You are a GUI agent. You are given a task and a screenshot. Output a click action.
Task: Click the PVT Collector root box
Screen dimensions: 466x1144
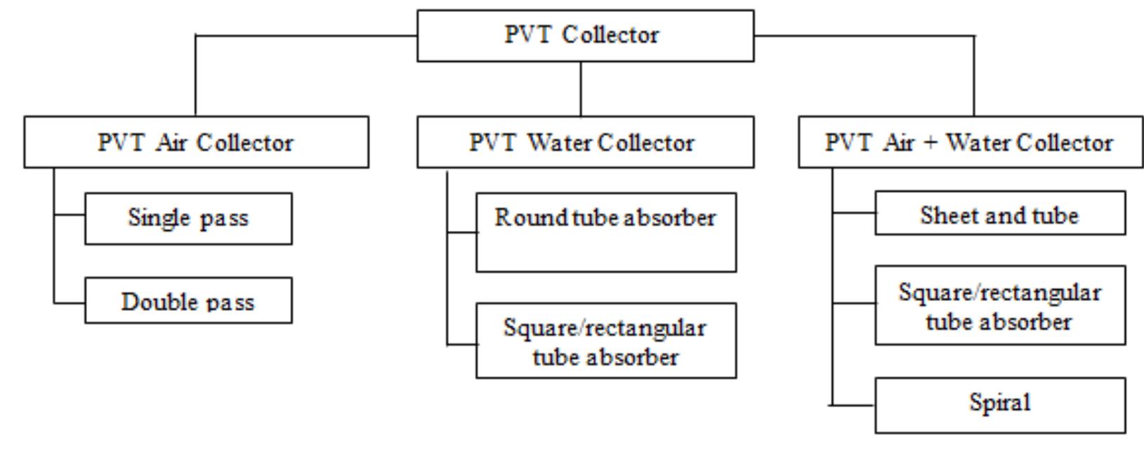pos(585,36)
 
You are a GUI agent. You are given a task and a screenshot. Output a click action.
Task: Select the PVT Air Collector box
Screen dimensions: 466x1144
pos(196,142)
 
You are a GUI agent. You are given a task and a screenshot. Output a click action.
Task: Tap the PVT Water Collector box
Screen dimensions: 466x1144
pos(585,142)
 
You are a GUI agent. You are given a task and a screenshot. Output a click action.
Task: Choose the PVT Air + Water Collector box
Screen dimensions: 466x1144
pos(970,142)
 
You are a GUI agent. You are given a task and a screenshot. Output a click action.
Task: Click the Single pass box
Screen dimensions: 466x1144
pos(188,218)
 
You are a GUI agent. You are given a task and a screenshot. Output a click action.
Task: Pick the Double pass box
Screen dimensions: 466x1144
pos(188,300)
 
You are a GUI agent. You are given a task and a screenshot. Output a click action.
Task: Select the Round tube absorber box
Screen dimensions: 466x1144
pos(605,232)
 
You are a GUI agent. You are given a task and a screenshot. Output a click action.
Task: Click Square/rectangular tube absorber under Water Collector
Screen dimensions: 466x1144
pos(605,341)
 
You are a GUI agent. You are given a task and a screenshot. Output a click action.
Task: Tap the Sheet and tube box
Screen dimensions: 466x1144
pos(999,215)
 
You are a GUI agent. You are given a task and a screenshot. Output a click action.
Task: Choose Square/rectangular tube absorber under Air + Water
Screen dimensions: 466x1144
pos(999,305)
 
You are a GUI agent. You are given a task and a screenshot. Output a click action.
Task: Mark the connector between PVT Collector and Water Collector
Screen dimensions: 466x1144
pos(581,89)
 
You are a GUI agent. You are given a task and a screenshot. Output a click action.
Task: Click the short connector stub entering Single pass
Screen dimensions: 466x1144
pos(70,215)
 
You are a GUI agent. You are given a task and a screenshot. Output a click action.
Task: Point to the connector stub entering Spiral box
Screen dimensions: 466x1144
pos(853,405)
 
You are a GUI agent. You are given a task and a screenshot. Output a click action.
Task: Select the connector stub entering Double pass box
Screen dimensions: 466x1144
pos(70,303)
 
